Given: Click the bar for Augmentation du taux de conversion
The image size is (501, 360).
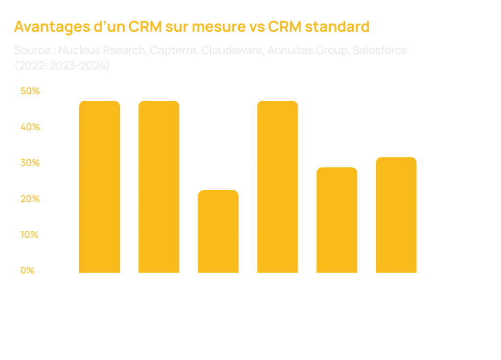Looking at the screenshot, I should [x=100, y=186].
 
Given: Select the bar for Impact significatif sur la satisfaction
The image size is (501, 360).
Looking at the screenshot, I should [x=159, y=186].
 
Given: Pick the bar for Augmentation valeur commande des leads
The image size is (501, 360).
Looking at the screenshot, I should [x=277, y=186].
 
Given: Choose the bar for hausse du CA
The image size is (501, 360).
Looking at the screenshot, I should [x=337, y=220].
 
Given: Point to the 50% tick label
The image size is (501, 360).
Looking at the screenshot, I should [x=30, y=91].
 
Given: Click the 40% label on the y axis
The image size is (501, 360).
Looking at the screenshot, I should [x=30, y=127].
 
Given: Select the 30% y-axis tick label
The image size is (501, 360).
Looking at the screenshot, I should [x=30, y=163].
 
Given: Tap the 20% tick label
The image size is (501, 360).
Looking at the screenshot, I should [x=30, y=200].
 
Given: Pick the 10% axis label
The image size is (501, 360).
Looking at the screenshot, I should [x=30, y=235].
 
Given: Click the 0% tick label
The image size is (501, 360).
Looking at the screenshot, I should [x=27, y=271].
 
